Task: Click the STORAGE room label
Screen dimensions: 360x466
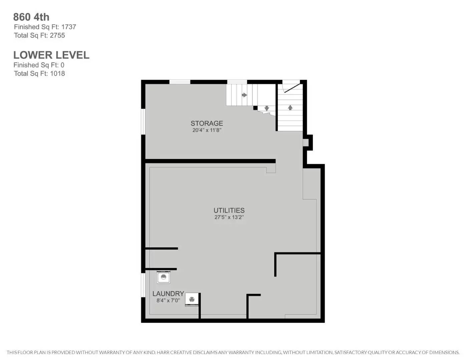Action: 206,123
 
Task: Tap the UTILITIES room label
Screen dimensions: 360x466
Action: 229,210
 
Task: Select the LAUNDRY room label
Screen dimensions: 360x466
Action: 168,294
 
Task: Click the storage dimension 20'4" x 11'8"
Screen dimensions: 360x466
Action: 206,130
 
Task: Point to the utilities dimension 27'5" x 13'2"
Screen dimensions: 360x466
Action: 229,217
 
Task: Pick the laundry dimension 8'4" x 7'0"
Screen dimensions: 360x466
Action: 168,301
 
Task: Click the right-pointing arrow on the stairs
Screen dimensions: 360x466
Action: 244,95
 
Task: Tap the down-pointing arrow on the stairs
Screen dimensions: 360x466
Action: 267,108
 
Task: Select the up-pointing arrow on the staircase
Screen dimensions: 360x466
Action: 290,107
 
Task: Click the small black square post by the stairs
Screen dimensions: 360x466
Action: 255,108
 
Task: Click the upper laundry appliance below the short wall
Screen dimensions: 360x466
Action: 163,277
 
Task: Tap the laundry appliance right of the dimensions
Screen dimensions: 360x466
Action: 192,299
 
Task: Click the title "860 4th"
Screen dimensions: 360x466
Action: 31,17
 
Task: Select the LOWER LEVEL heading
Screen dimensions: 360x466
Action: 51,55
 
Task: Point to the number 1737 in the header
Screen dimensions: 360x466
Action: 68,27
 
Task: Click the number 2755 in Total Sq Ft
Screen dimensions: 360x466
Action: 57,35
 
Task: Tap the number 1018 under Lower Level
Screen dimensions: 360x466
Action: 57,74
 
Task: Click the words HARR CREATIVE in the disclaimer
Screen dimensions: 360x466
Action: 174,352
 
